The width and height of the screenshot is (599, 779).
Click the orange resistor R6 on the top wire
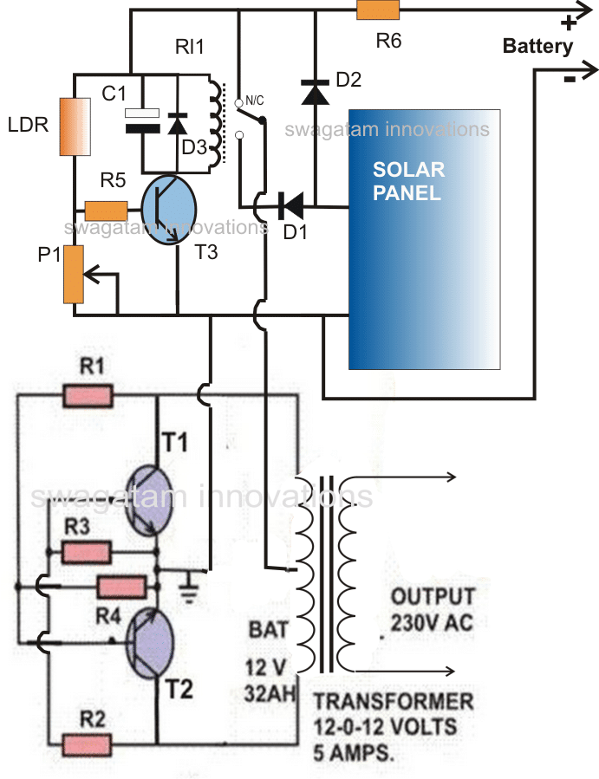378,10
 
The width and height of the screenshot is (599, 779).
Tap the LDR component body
75,127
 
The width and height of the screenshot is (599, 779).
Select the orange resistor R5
106,211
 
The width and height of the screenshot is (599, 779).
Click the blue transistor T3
169,209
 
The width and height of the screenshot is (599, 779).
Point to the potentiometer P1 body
74,274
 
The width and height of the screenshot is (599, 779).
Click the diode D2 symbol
316,92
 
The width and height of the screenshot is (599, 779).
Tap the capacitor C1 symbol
142,120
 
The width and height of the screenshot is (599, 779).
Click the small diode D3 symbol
178,124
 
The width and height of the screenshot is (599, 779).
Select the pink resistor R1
88,396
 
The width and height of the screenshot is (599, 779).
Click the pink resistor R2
87,745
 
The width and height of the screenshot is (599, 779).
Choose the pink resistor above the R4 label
121,587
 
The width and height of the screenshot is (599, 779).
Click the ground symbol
189,587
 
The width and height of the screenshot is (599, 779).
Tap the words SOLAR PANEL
408,181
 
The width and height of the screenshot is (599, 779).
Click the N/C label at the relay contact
255,101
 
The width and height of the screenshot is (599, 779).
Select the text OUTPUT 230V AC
432,609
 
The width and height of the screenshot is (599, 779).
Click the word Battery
537,46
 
